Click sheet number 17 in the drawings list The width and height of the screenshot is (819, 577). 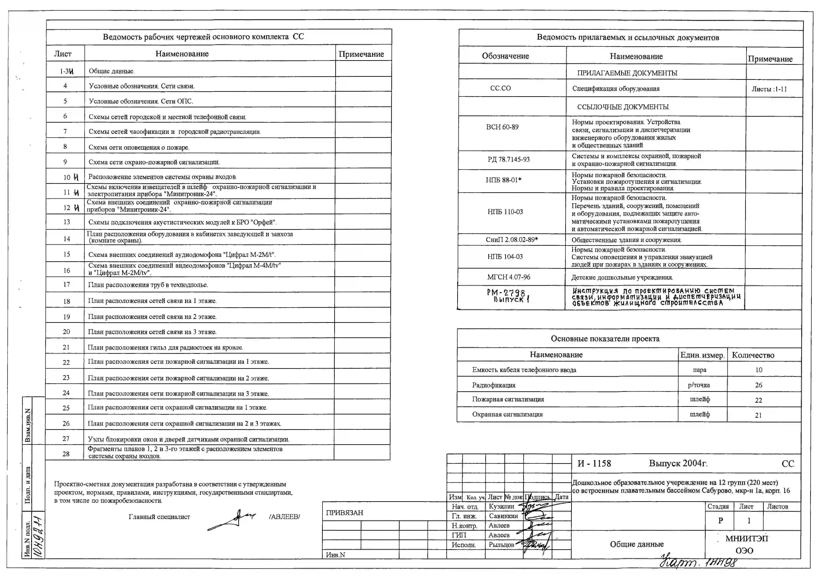pyautogui.click(x=66, y=285)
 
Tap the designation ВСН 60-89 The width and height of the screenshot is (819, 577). pyautogui.click(x=502, y=127)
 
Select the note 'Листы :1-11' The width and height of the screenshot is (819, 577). pyautogui.click(x=769, y=89)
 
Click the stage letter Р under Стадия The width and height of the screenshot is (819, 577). pyautogui.click(x=720, y=521)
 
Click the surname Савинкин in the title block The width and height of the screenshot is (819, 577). pyautogui.click(x=503, y=516)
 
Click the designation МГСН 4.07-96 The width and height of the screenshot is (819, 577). pyautogui.click(x=509, y=277)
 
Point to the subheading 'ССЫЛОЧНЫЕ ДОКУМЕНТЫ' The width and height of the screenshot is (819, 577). pyautogui.click(x=623, y=107)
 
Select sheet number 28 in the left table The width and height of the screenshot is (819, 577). pyautogui.click(x=66, y=454)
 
